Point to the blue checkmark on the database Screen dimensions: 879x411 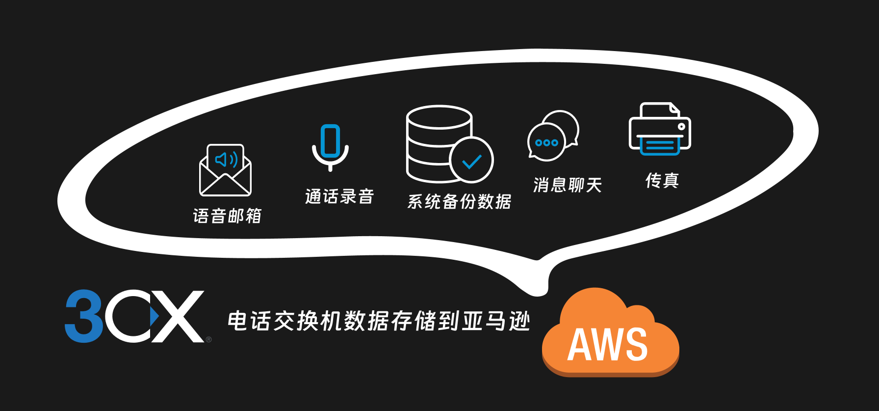pyautogui.click(x=471, y=161)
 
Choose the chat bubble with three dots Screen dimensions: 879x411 pyautogui.click(x=546, y=142)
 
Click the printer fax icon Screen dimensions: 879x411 pyautogui.click(x=660, y=129)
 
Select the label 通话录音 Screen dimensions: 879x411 pyautogui.click(x=339, y=196)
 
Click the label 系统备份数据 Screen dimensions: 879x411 pyautogui.click(x=459, y=201)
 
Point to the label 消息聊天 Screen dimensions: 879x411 pyautogui.click(x=568, y=185)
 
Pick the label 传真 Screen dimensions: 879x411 pyautogui.click(x=662, y=181)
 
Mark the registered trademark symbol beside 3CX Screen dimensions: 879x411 pyautogui.click(x=209, y=339)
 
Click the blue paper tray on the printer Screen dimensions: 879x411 pyautogui.click(x=660, y=145)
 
